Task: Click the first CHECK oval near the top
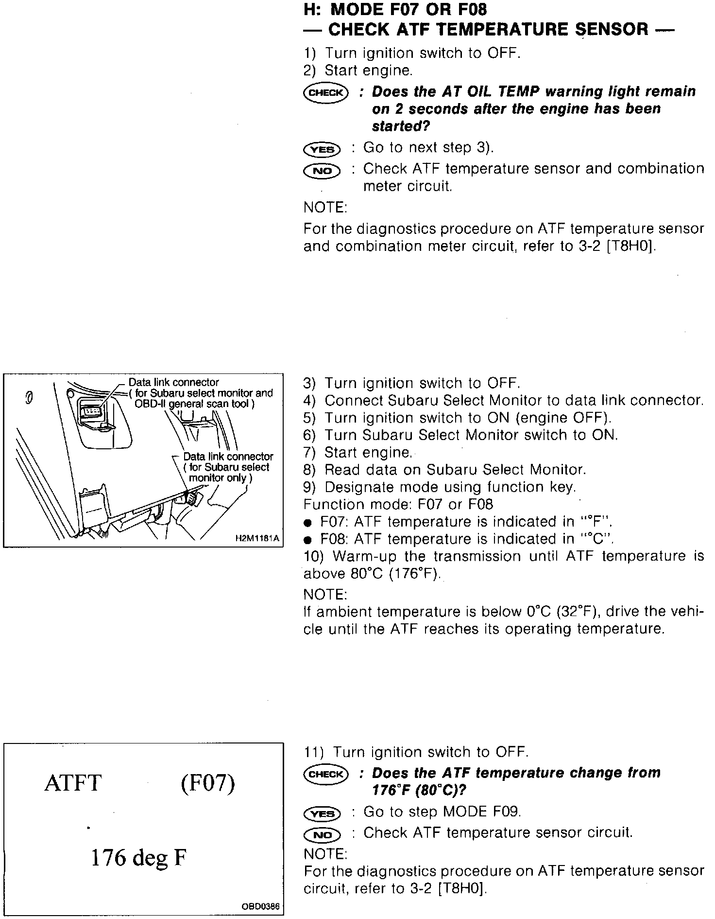pos(325,92)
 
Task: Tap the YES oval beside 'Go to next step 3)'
pos(322,149)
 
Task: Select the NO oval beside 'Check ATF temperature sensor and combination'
pos(322,171)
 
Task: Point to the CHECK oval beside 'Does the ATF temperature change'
pos(325,774)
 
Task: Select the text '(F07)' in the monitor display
pos(208,783)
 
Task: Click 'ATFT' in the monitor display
pos(73,783)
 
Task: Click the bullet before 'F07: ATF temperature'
pos(307,523)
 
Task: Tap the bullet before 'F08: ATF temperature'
pos(307,540)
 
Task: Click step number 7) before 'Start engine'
pos(309,453)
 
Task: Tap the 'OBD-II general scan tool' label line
pos(194,404)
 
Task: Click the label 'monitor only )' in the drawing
pos(221,478)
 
